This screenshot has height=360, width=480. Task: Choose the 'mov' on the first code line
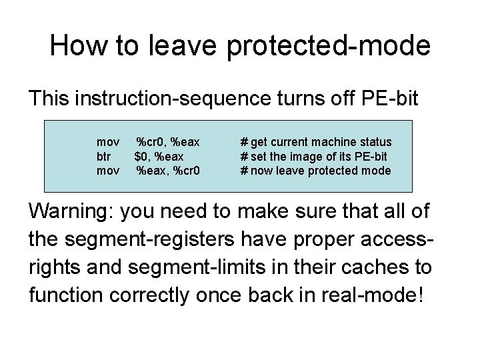(x=108, y=142)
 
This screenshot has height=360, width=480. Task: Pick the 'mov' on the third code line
(x=108, y=171)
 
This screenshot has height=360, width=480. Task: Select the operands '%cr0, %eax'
(x=168, y=142)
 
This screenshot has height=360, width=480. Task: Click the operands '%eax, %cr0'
(x=168, y=171)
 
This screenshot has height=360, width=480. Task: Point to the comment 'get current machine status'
(x=321, y=142)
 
